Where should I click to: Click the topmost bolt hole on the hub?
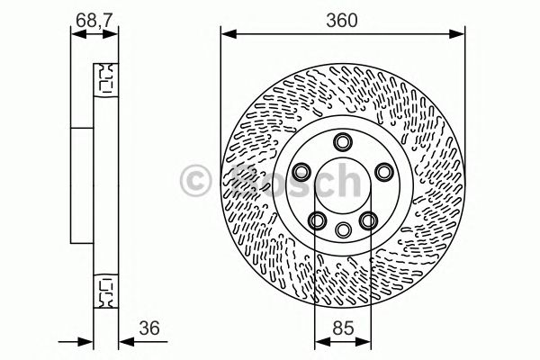pos(341,141)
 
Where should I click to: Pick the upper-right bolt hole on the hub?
pos(382,171)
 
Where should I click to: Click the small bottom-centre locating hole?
pos(341,229)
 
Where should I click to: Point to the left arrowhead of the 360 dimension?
pos(228,35)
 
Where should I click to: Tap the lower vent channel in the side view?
pos(105,292)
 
